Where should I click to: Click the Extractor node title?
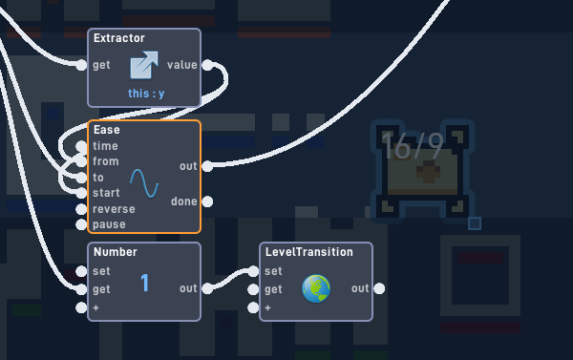[x=119, y=38]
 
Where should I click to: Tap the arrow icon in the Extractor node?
[x=144, y=65]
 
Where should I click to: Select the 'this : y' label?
[x=146, y=94]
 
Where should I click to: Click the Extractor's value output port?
[x=207, y=65]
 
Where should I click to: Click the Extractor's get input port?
[x=81, y=65]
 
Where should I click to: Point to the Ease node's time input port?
[x=81, y=146]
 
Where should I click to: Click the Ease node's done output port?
[x=207, y=201]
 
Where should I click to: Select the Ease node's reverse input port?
[x=81, y=209]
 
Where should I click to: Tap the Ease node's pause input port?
[x=81, y=224]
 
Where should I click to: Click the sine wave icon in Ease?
[x=144, y=183]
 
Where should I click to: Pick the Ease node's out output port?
[x=207, y=166]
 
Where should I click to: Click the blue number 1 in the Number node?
[x=145, y=283]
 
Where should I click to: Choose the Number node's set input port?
[x=81, y=271]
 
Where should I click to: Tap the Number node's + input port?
[x=81, y=307]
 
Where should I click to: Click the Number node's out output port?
[x=207, y=288]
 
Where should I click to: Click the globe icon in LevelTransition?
[x=316, y=288]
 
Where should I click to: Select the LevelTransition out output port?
[x=379, y=288]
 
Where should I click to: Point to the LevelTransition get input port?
[x=253, y=289]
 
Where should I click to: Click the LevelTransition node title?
[x=309, y=252]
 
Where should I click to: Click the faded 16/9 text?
[x=413, y=146]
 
